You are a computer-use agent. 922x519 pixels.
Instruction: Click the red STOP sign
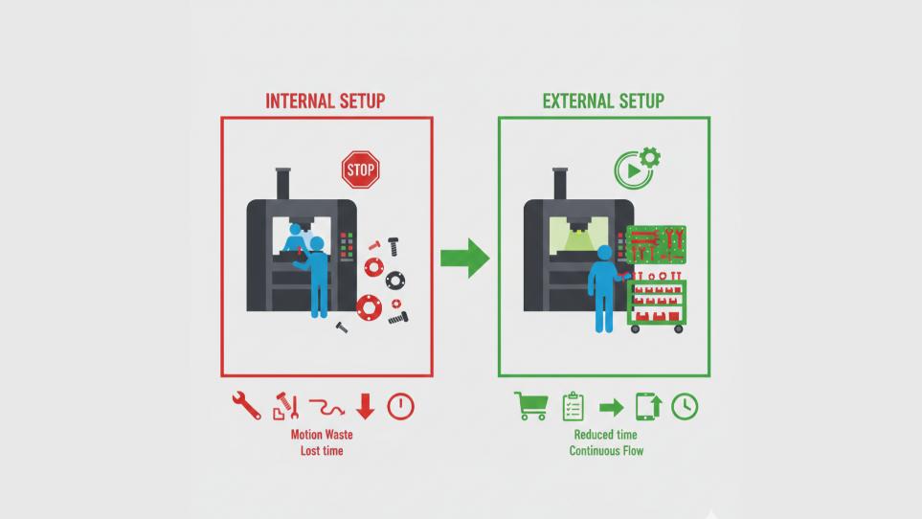(x=360, y=170)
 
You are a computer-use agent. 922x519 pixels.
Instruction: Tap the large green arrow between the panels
(x=465, y=258)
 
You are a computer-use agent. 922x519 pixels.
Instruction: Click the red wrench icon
(x=246, y=406)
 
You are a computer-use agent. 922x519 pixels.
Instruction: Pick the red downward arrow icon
(x=365, y=406)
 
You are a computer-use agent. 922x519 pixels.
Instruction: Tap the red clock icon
(x=401, y=406)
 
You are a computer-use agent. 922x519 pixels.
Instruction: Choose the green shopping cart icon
(x=530, y=406)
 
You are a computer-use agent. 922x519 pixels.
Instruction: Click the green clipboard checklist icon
(x=573, y=406)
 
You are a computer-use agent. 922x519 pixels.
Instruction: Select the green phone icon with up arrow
(x=648, y=406)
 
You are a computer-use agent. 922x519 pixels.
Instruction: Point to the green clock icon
(x=685, y=406)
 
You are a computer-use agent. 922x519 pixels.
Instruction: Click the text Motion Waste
(x=322, y=435)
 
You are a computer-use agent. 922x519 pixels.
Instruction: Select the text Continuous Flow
(x=606, y=450)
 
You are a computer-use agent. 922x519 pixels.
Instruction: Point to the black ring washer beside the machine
(x=395, y=281)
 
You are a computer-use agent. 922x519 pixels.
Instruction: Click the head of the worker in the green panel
(x=604, y=252)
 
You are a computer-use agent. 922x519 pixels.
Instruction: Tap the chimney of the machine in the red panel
(x=282, y=183)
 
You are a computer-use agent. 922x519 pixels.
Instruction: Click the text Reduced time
(x=606, y=435)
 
